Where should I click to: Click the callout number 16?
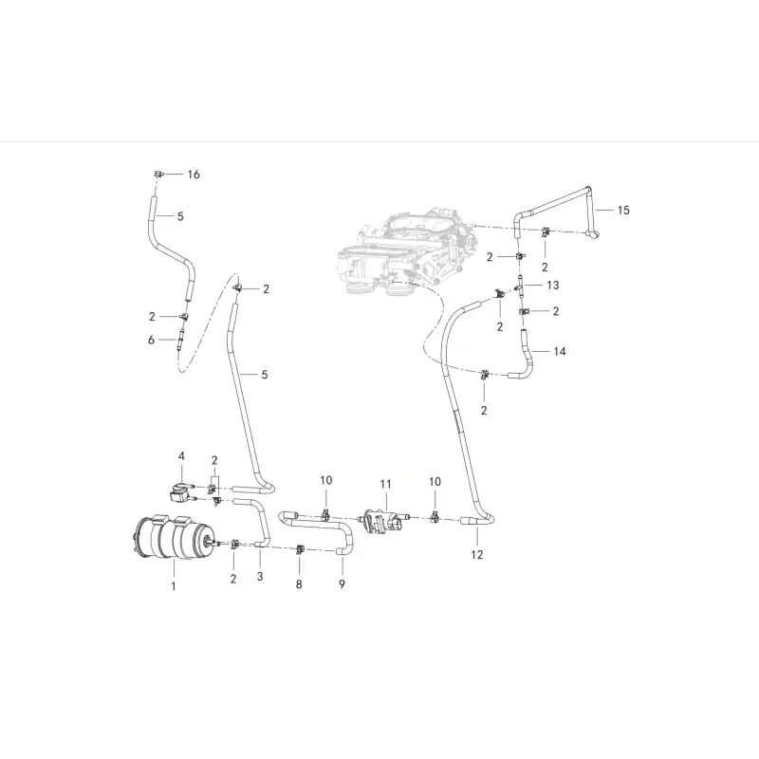[194, 175]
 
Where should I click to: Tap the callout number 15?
[623, 210]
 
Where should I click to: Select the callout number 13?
[553, 286]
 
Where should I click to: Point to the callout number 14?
[560, 351]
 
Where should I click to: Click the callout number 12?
[477, 555]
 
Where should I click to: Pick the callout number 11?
[385, 484]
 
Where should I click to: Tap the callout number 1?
[174, 586]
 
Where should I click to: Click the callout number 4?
[181, 456]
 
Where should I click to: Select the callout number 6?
[151, 341]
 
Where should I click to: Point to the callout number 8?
[299, 584]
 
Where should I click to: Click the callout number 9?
[342, 584]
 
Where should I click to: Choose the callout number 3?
[260, 577]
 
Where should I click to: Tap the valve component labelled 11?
[382, 521]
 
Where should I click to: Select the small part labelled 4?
[180, 491]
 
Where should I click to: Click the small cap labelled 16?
[158, 174]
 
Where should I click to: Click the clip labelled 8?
[300, 549]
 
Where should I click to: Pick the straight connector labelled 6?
[181, 339]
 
